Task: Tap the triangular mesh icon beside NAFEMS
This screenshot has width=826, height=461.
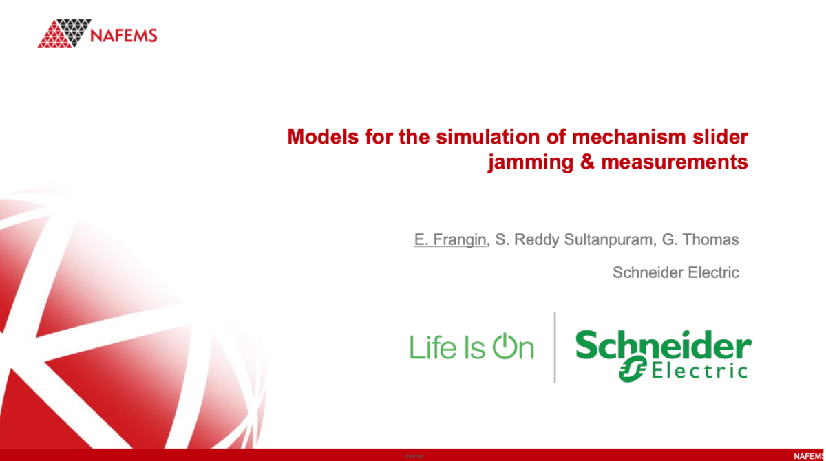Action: (x=64, y=33)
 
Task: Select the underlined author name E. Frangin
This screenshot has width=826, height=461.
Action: (x=449, y=240)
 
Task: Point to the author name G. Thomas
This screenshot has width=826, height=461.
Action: (x=700, y=240)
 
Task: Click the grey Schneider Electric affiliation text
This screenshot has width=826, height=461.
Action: (x=675, y=272)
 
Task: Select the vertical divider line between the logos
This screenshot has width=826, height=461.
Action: (x=555, y=347)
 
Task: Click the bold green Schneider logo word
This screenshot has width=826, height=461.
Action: (x=663, y=345)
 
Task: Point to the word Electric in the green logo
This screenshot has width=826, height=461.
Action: (x=698, y=371)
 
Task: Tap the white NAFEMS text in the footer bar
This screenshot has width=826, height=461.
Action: (x=808, y=455)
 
